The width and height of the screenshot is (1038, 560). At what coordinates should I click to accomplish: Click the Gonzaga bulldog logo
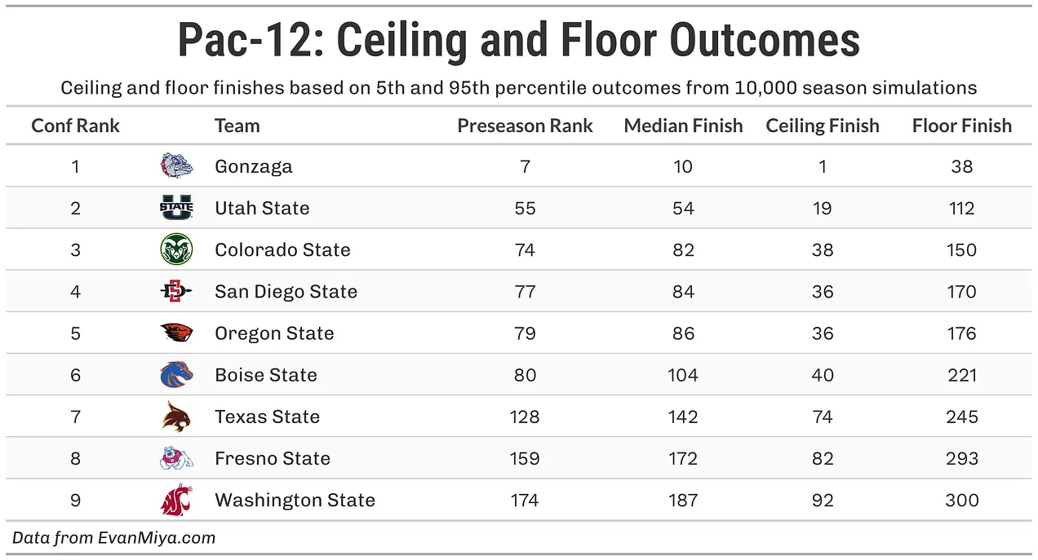click(x=176, y=165)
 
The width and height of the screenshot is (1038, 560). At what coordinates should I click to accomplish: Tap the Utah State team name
click(x=262, y=208)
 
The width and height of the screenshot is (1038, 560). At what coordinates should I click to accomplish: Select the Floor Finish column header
click(x=961, y=126)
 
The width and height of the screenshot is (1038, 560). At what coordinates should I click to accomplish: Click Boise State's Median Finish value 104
click(x=682, y=375)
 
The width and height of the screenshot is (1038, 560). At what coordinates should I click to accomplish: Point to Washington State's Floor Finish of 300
click(x=962, y=500)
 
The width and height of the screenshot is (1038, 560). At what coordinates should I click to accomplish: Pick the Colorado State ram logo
click(x=176, y=249)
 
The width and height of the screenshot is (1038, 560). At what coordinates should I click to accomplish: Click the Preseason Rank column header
click(x=525, y=126)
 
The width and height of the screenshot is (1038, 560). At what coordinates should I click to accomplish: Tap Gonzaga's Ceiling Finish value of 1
click(x=823, y=166)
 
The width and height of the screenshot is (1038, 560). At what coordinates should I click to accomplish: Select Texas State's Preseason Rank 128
click(x=525, y=417)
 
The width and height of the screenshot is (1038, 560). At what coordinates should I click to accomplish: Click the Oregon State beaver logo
click(x=176, y=333)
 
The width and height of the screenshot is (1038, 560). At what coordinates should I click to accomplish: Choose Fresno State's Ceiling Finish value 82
click(x=823, y=459)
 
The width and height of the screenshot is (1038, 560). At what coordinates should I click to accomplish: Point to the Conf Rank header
click(x=76, y=126)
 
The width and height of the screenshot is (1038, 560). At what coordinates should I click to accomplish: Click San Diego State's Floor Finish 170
click(x=962, y=292)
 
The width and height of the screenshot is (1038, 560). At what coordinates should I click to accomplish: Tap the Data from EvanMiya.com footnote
click(x=114, y=538)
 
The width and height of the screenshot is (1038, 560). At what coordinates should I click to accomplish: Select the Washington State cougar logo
click(x=176, y=500)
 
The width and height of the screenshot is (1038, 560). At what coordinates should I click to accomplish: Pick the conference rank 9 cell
click(x=76, y=500)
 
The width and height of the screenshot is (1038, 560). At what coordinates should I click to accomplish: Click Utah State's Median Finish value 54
click(x=683, y=208)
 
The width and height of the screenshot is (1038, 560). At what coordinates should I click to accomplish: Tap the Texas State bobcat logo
click(x=176, y=416)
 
